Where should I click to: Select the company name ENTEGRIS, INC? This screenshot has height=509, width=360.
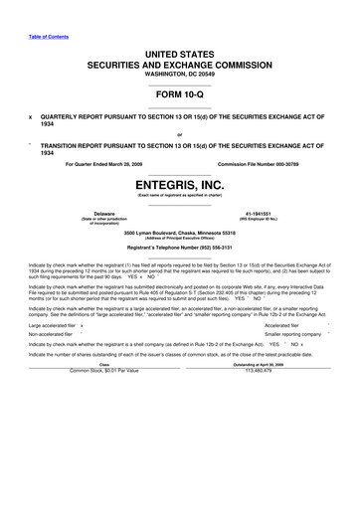(179, 185)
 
